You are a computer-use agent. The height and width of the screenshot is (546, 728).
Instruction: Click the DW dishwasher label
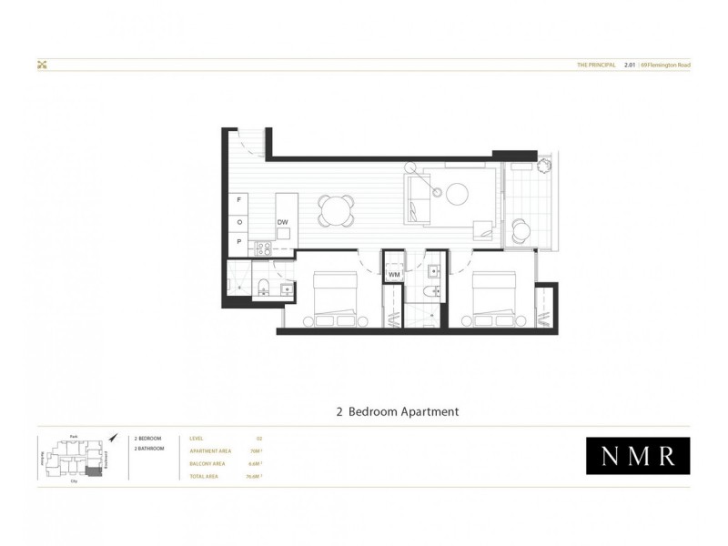tap(282, 222)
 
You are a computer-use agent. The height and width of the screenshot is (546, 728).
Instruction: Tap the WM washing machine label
tap(394, 274)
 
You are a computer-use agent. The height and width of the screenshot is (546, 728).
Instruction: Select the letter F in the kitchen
tap(239, 198)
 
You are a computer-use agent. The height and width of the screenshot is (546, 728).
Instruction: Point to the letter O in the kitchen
tap(239, 221)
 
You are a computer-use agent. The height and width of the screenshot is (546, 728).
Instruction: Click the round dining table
tap(337, 212)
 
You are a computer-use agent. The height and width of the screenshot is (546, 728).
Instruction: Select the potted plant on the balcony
tap(543, 167)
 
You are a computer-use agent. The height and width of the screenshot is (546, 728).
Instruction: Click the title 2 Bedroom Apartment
tap(397, 411)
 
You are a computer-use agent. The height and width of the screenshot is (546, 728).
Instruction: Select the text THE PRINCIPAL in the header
tap(597, 66)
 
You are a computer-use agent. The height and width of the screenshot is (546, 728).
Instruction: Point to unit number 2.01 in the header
tap(629, 66)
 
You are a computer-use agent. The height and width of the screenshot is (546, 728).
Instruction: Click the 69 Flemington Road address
tap(665, 66)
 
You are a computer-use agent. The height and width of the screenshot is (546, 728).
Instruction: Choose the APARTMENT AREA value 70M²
tap(256, 450)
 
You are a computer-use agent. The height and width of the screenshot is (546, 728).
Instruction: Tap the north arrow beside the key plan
tap(112, 439)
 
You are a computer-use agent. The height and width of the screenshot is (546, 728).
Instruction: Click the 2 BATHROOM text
tap(149, 449)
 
